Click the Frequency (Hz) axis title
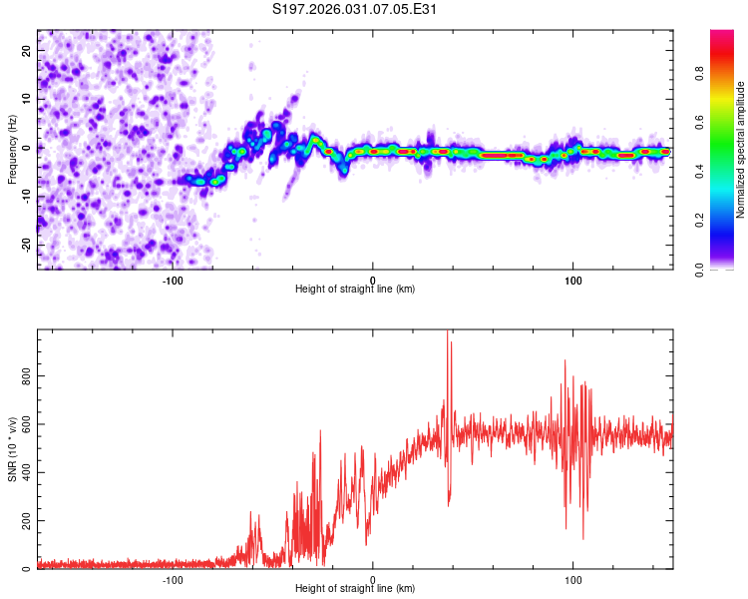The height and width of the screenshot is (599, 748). tap(12, 150)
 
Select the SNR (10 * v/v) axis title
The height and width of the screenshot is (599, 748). tap(12, 450)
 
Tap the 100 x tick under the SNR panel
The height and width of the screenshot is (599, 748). tap(573, 578)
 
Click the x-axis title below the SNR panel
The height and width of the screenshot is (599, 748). tap(355, 589)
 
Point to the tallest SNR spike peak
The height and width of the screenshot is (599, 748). tap(448, 331)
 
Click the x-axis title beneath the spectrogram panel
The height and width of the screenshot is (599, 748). tap(355, 289)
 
